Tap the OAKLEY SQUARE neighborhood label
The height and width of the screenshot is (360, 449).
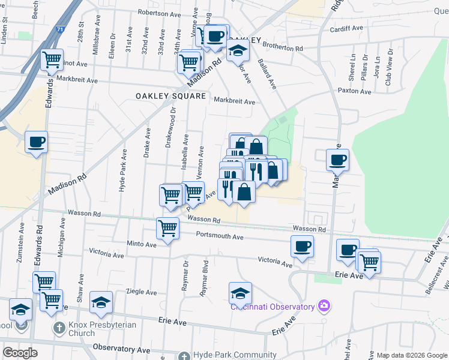[170, 96]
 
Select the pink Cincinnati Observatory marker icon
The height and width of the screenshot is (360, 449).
[324, 307]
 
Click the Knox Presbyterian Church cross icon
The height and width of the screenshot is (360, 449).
[58, 328]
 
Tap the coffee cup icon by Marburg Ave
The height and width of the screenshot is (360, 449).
[337, 160]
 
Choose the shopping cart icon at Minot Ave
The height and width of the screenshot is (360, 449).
[52, 59]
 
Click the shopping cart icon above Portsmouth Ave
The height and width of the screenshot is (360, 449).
[167, 227]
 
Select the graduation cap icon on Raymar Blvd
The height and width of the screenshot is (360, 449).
[240, 292]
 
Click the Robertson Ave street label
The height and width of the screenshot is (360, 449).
[159, 12]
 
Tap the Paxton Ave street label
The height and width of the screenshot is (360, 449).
[355, 91]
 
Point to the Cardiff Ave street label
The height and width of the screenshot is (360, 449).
[347, 28]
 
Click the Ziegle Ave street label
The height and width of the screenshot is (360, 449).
[142, 292]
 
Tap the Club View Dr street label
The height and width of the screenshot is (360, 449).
[388, 71]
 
